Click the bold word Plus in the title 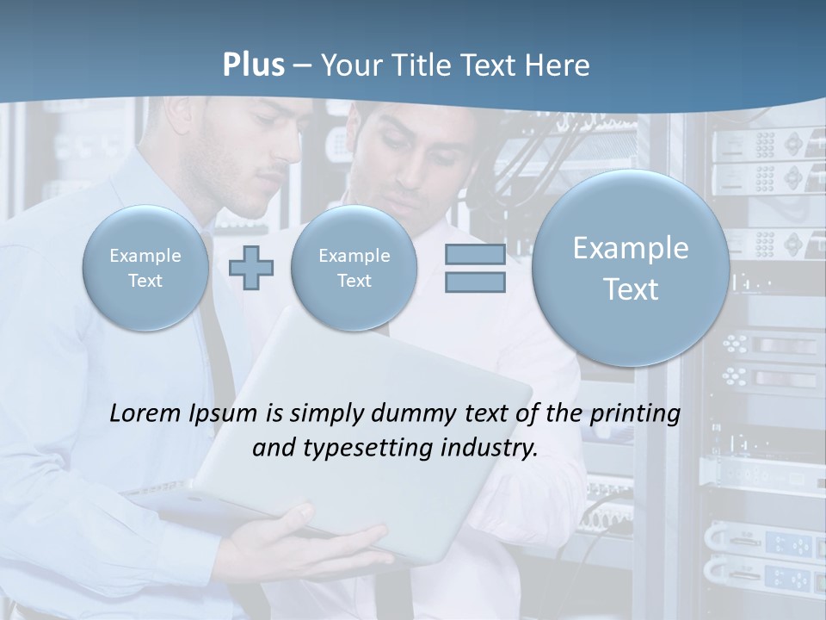pyautogui.click(x=253, y=65)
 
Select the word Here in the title pyautogui.click(x=558, y=65)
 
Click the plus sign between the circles pyautogui.click(x=251, y=268)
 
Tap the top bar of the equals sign pyautogui.click(x=475, y=254)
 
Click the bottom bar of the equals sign pyautogui.click(x=475, y=282)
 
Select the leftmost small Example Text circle pyautogui.click(x=145, y=268)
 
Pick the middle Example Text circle pyautogui.click(x=354, y=268)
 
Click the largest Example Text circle pyautogui.click(x=631, y=268)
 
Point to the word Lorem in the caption pyautogui.click(x=145, y=414)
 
